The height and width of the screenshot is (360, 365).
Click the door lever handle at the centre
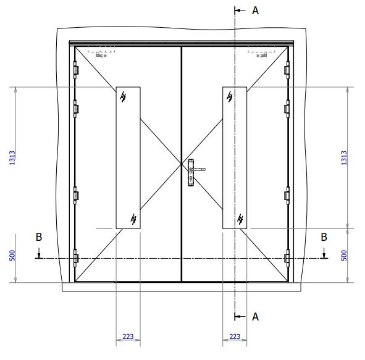point(197,169)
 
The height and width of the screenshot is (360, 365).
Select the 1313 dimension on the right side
point(345,157)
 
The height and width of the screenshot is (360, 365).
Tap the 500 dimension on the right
point(345,255)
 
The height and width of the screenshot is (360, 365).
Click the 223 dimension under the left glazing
point(128,337)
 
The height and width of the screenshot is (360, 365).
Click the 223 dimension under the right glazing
point(235,337)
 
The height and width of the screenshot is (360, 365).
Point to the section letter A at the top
point(255,10)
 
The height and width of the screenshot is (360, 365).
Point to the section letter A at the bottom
point(255,316)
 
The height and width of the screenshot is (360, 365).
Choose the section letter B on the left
point(38,237)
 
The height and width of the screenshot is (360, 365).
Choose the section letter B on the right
point(324,237)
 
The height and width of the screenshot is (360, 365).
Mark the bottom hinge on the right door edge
point(287,258)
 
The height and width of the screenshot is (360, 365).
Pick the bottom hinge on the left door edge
point(76,258)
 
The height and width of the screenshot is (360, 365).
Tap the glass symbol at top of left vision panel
point(124,96)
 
